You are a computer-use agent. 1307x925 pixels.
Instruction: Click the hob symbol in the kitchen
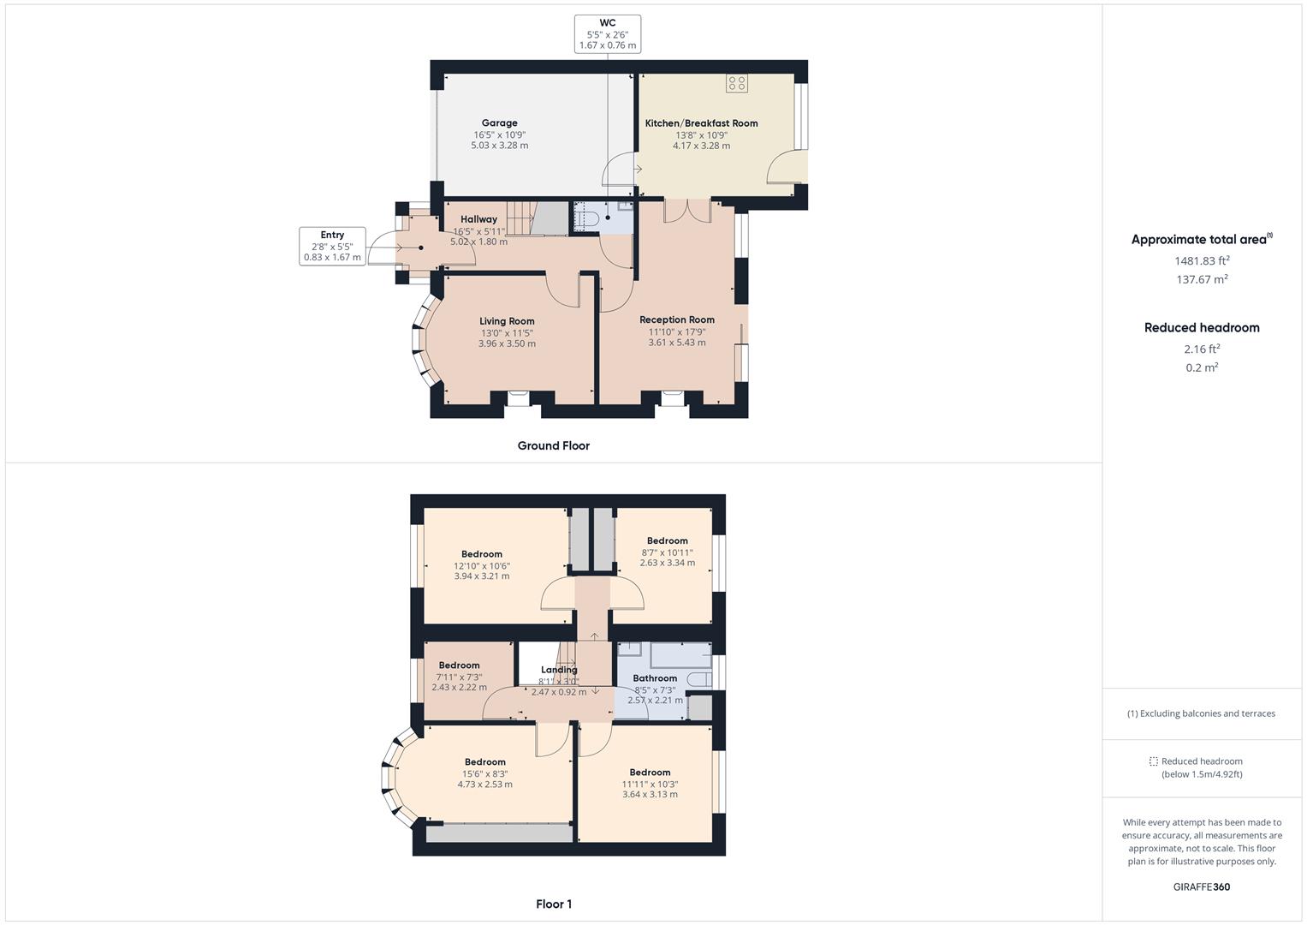(737, 83)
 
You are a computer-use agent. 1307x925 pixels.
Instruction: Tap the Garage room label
(500, 122)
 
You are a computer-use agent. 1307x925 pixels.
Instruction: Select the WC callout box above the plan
(608, 34)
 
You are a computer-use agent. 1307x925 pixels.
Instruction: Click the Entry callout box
(332, 246)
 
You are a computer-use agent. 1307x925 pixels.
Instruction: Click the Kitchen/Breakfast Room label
(701, 123)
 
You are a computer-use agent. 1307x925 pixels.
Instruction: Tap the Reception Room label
(677, 319)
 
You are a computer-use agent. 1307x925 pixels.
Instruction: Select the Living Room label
(507, 321)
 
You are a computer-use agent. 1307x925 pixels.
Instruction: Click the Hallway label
(478, 219)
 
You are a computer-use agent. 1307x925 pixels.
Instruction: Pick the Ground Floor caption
(553, 445)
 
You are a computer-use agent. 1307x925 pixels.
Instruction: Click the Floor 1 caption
(553, 904)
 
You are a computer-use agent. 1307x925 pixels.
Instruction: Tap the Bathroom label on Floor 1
(655, 678)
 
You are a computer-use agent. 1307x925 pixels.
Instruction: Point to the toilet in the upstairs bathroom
(699, 679)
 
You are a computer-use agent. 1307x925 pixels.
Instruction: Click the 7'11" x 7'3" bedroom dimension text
(459, 677)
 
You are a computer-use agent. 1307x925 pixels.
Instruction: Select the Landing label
(558, 670)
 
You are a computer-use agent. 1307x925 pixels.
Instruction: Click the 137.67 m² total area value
(1202, 279)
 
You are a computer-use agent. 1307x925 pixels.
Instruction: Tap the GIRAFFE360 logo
(1202, 886)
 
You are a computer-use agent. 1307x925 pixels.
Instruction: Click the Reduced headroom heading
(1202, 327)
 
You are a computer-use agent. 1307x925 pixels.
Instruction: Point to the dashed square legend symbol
(1153, 761)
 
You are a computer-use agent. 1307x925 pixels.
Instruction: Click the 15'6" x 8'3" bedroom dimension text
(484, 773)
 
